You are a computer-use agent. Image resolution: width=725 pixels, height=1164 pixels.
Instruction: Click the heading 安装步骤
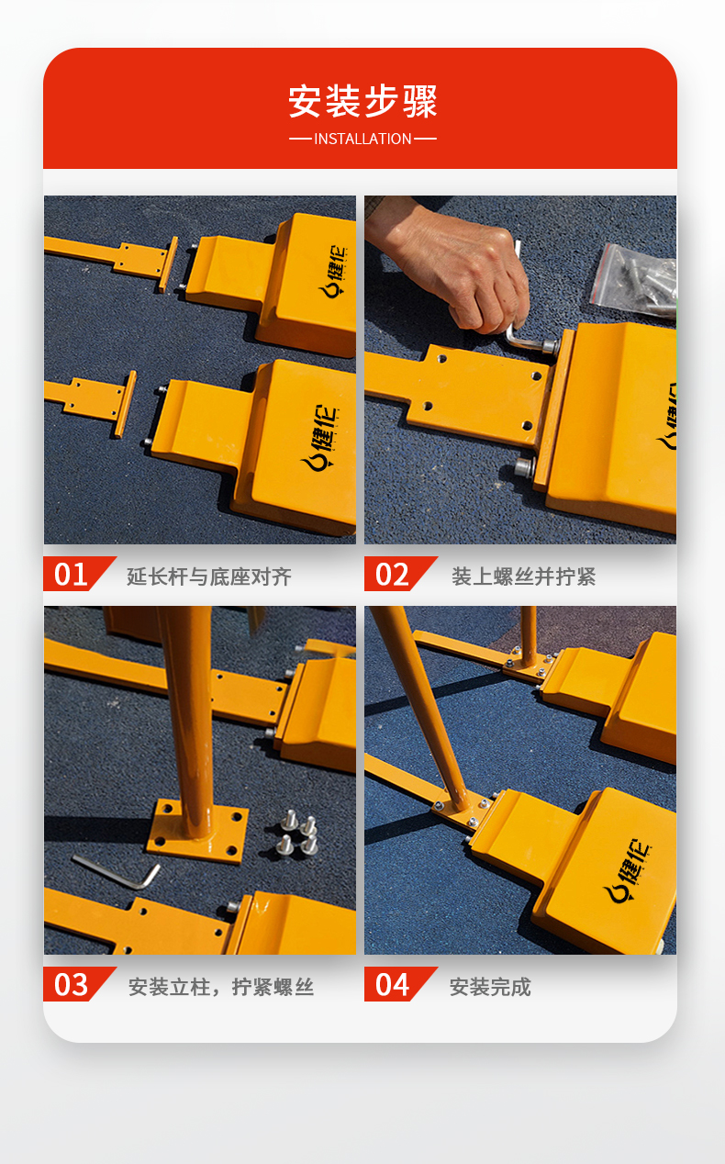tap(362, 101)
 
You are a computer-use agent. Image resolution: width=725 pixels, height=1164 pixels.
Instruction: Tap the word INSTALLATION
tap(362, 139)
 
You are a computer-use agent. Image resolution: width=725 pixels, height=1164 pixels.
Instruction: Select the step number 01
tap(72, 575)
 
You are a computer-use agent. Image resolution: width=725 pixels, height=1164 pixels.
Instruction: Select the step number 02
tap(392, 575)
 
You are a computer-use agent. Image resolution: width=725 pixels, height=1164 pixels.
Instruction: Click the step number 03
tap(72, 985)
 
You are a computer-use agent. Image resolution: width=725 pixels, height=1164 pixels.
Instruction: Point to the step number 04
tap(392, 985)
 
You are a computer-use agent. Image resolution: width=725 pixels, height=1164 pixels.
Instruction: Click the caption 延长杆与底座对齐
tap(209, 576)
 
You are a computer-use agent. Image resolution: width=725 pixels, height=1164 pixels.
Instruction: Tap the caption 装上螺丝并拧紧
tap(523, 576)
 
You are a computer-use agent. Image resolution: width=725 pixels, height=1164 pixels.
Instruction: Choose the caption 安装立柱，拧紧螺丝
tap(221, 987)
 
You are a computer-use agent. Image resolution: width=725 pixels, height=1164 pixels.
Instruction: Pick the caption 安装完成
tap(490, 987)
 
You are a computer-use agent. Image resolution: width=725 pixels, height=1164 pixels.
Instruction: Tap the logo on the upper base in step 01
tap(334, 271)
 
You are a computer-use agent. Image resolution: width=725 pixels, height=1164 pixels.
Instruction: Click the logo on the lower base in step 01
tap(320, 438)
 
